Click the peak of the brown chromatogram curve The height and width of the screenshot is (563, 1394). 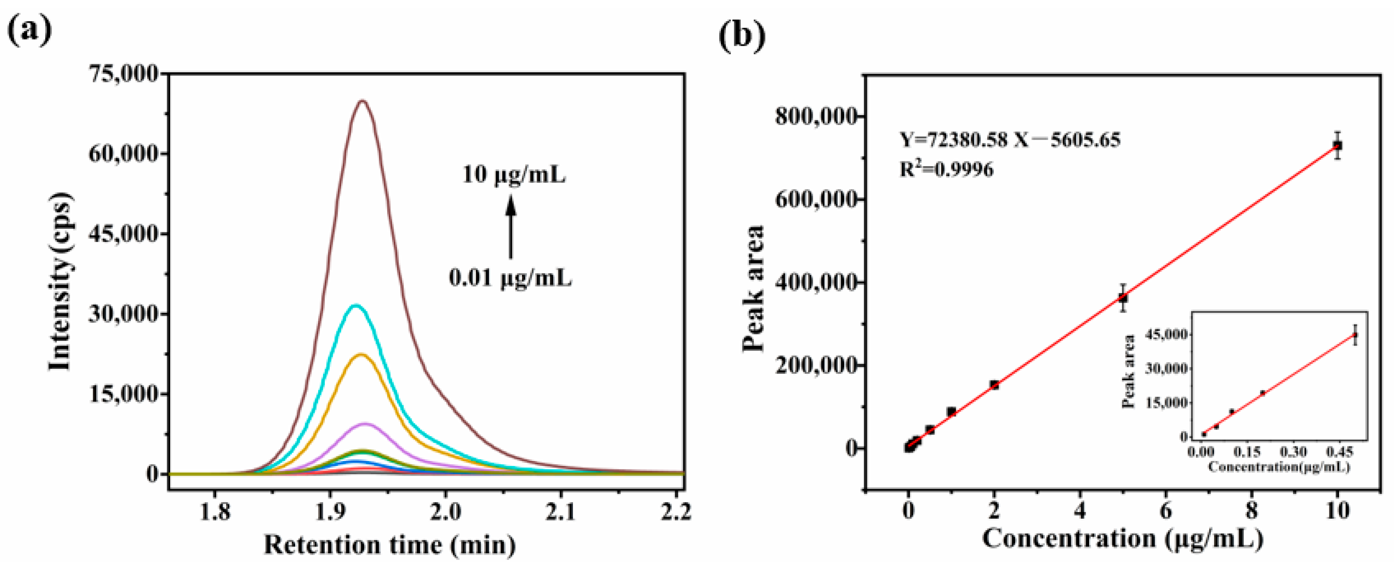coord(362,101)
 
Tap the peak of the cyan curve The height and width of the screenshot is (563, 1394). coord(355,306)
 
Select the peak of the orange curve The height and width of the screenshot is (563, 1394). coord(361,355)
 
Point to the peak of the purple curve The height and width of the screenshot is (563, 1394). coord(365,424)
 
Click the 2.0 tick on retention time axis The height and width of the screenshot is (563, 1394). coord(445,511)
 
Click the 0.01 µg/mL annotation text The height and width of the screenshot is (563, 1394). coord(510,278)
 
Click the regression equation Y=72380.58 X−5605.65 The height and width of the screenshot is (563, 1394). coord(1010,140)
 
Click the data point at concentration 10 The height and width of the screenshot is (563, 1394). coord(1337,145)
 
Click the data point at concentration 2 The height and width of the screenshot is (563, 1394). coord(994,385)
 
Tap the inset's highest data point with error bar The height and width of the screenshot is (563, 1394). coord(1355,335)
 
